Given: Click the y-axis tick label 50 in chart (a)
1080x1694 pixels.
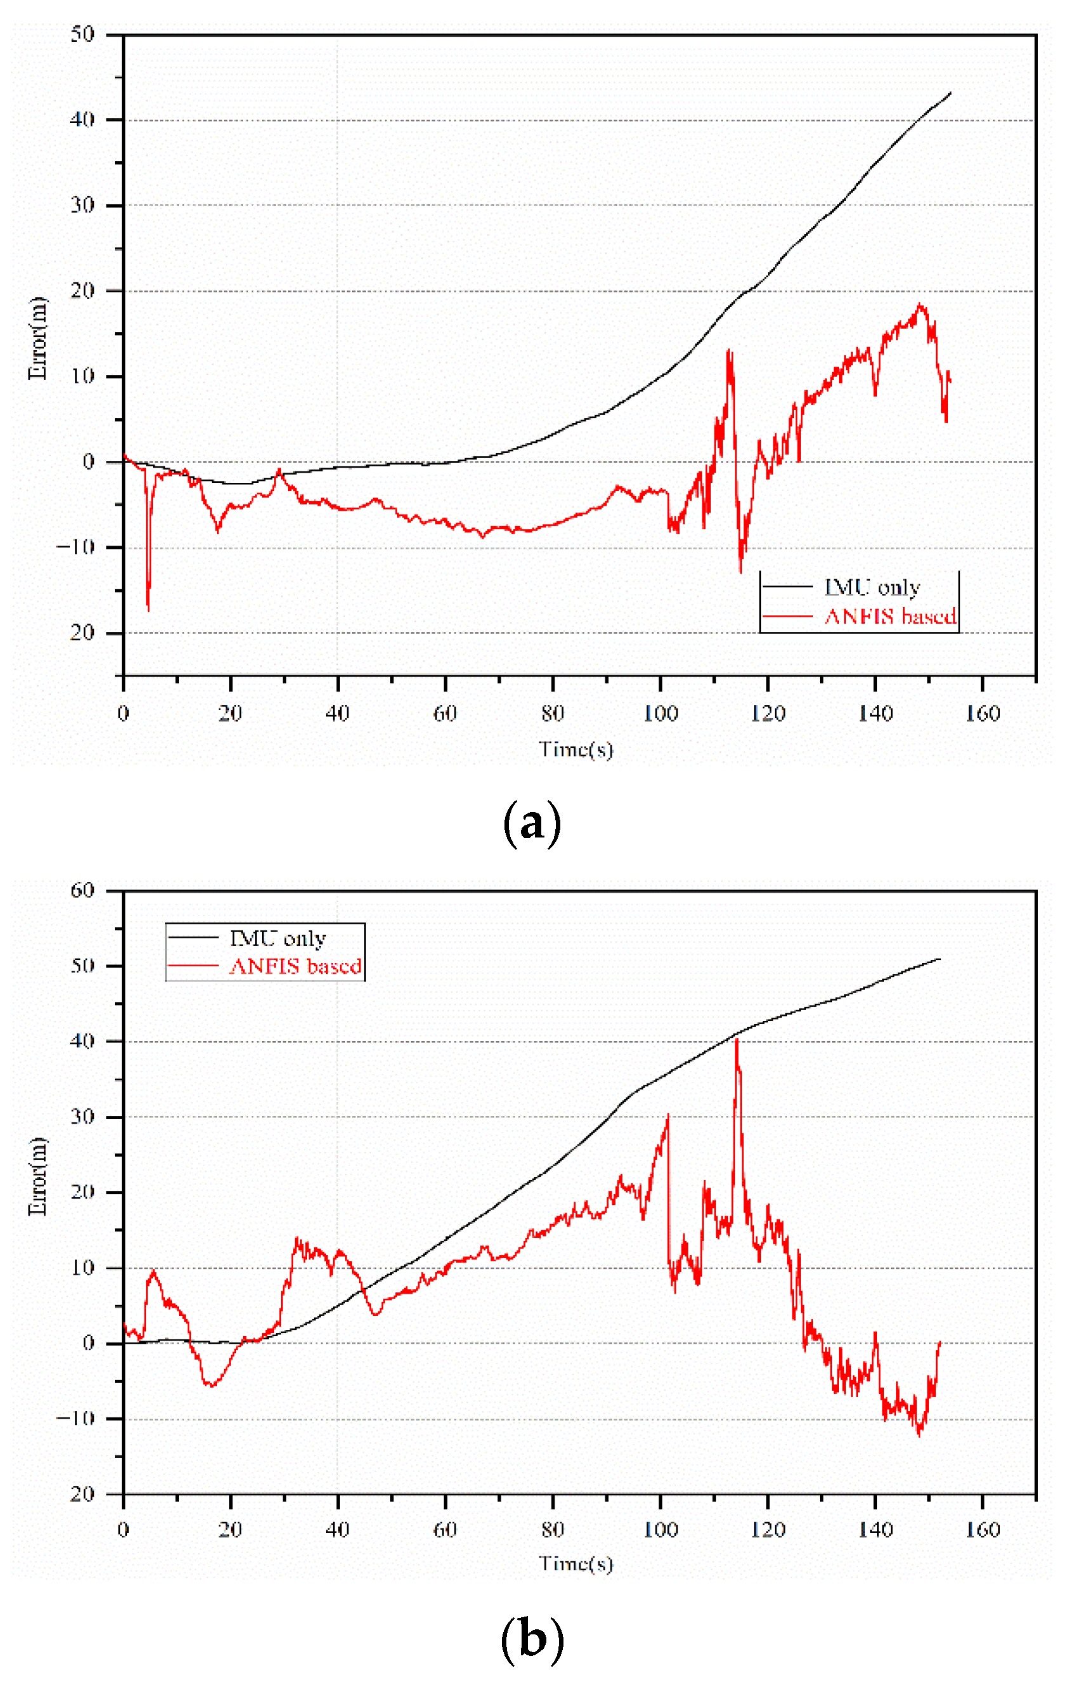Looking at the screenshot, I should pyautogui.click(x=82, y=34).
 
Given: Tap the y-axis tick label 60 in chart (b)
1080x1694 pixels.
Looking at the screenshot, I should pyautogui.click(x=82, y=891).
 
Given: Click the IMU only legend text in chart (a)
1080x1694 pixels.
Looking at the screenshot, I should pyautogui.click(x=872, y=588).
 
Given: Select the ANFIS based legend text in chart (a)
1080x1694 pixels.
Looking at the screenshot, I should pyautogui.click(x=890, y=617).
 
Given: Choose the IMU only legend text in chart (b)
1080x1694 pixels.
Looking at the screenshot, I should pyautogui.click(x=278, y=938).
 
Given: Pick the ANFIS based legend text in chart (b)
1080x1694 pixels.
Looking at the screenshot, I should pyautogui.click(x=296, y=966).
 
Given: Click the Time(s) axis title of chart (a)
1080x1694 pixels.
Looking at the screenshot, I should pyautogui.click(x=576, y=750).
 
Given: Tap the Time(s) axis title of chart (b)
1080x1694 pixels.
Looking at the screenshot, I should pyautogui.click(x=576, y=1563).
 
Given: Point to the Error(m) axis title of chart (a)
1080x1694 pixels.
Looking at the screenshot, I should pyautogui.click(x=37, y=338).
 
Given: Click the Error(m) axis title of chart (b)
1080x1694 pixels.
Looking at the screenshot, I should pyautogui.click(x=37, y=1176).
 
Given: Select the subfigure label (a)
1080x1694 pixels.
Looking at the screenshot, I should pyautogui.click(x=532, y=823).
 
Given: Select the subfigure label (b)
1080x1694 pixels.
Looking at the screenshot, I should pyautogui.click(x=532, y=1639).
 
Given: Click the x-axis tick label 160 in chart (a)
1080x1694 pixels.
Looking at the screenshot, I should pyautogui.click(x=982, y=714).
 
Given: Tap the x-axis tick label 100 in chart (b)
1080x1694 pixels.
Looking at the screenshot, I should pyautogui.click(x=660, y=1530).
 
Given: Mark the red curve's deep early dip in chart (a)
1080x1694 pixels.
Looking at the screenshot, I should pyautogui.click(x=148, y=608).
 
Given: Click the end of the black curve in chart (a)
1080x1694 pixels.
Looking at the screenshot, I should pyautogui.click(x=951, y=92).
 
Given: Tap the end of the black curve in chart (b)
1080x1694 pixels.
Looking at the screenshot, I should pyautogui.click(x=940, y=959).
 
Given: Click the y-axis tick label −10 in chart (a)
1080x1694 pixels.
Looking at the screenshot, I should pyautogui.click(x=76, y=548).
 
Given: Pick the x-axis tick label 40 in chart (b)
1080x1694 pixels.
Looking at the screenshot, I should pyautogui.click(x=338, y=1530).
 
